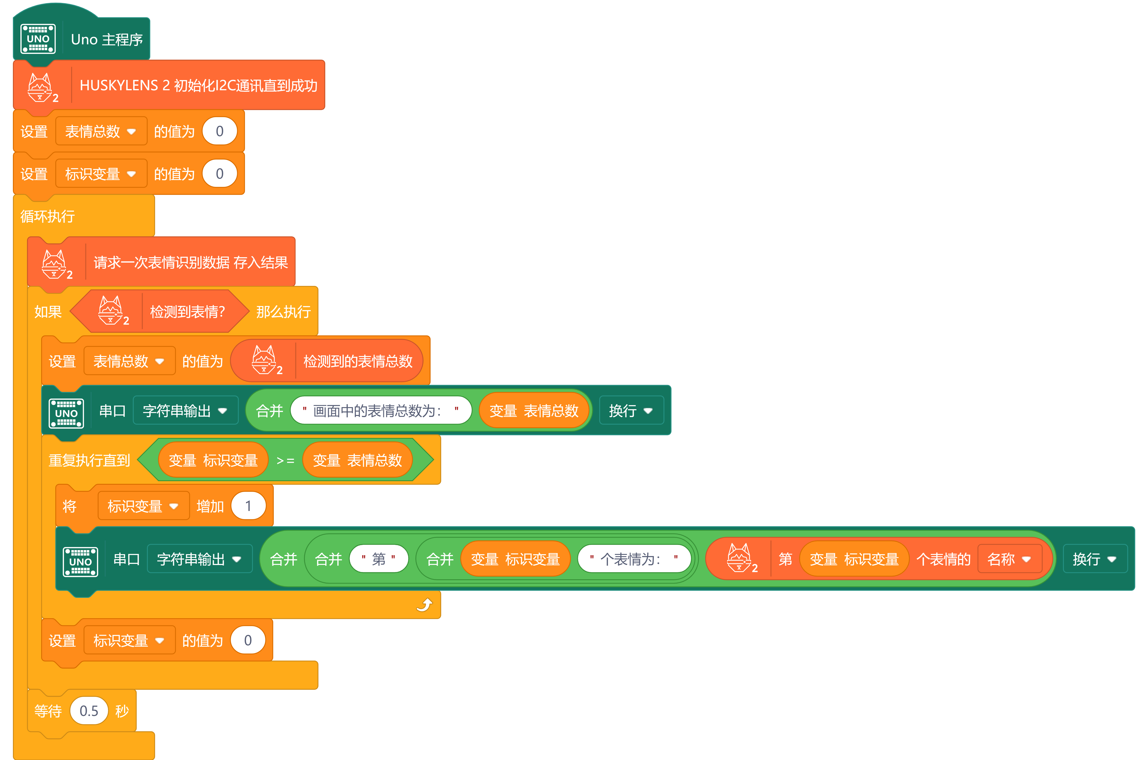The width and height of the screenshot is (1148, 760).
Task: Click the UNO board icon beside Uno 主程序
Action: click(38, 39)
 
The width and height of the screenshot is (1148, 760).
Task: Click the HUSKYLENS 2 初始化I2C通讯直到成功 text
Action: click(198, 86)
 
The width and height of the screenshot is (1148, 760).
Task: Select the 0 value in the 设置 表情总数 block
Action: click(219, 131)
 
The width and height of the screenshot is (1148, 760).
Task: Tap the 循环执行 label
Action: click(47, 216)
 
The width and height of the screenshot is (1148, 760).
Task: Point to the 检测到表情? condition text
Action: click(187, 312)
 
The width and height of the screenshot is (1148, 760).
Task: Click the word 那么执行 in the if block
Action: click(283, 312)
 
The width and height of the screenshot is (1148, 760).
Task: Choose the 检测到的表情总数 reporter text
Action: click(358, 361)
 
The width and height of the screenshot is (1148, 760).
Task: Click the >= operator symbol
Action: click(285, 461)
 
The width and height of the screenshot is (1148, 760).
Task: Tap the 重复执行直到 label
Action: click(89, 460)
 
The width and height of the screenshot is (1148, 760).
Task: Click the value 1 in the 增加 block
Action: click(248, 506)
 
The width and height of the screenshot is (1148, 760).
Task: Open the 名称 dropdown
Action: click(1009, 559)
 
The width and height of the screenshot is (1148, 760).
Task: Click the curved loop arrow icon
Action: click(424, 605)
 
